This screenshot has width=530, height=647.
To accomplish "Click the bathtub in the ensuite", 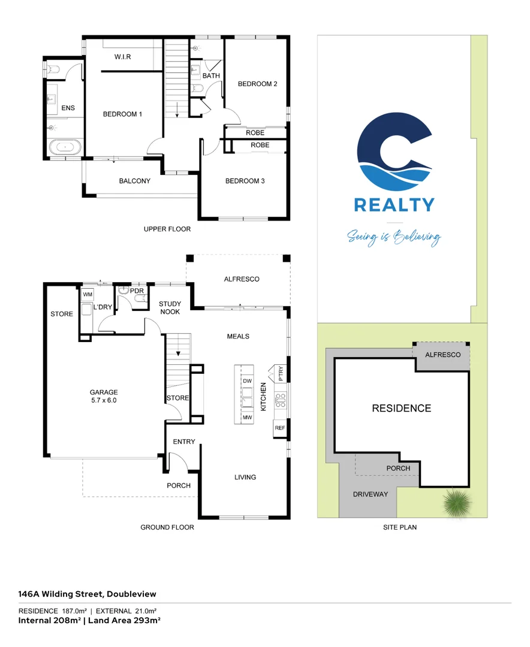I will click(64, 147).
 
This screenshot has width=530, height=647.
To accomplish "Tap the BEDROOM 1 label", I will click(122, 114).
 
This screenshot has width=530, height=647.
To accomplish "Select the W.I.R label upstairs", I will click(122, 57).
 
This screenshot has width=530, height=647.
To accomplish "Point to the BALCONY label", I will click(134, 180).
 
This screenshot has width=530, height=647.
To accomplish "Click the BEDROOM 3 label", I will click(245, 181).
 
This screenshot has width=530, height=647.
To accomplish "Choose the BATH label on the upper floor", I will click(211, 76).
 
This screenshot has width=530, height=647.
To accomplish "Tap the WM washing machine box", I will click(88, 295).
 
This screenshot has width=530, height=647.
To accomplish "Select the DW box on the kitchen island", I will click(246, 381).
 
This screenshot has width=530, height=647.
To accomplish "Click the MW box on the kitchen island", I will click(246, 417).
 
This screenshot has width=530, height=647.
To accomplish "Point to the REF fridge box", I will click(279, 428).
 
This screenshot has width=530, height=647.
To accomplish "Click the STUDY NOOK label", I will click(170, 308).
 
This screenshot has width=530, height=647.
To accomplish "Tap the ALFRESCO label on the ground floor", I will click(242, 279).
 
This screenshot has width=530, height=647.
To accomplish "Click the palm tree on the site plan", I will click(457, 502).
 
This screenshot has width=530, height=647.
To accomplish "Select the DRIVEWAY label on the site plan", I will click(370, 494).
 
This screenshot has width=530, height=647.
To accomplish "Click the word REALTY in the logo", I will click(394, 205).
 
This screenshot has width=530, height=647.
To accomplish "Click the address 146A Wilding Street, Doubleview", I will click(88, 594).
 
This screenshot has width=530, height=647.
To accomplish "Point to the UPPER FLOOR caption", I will click(167, 229).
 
